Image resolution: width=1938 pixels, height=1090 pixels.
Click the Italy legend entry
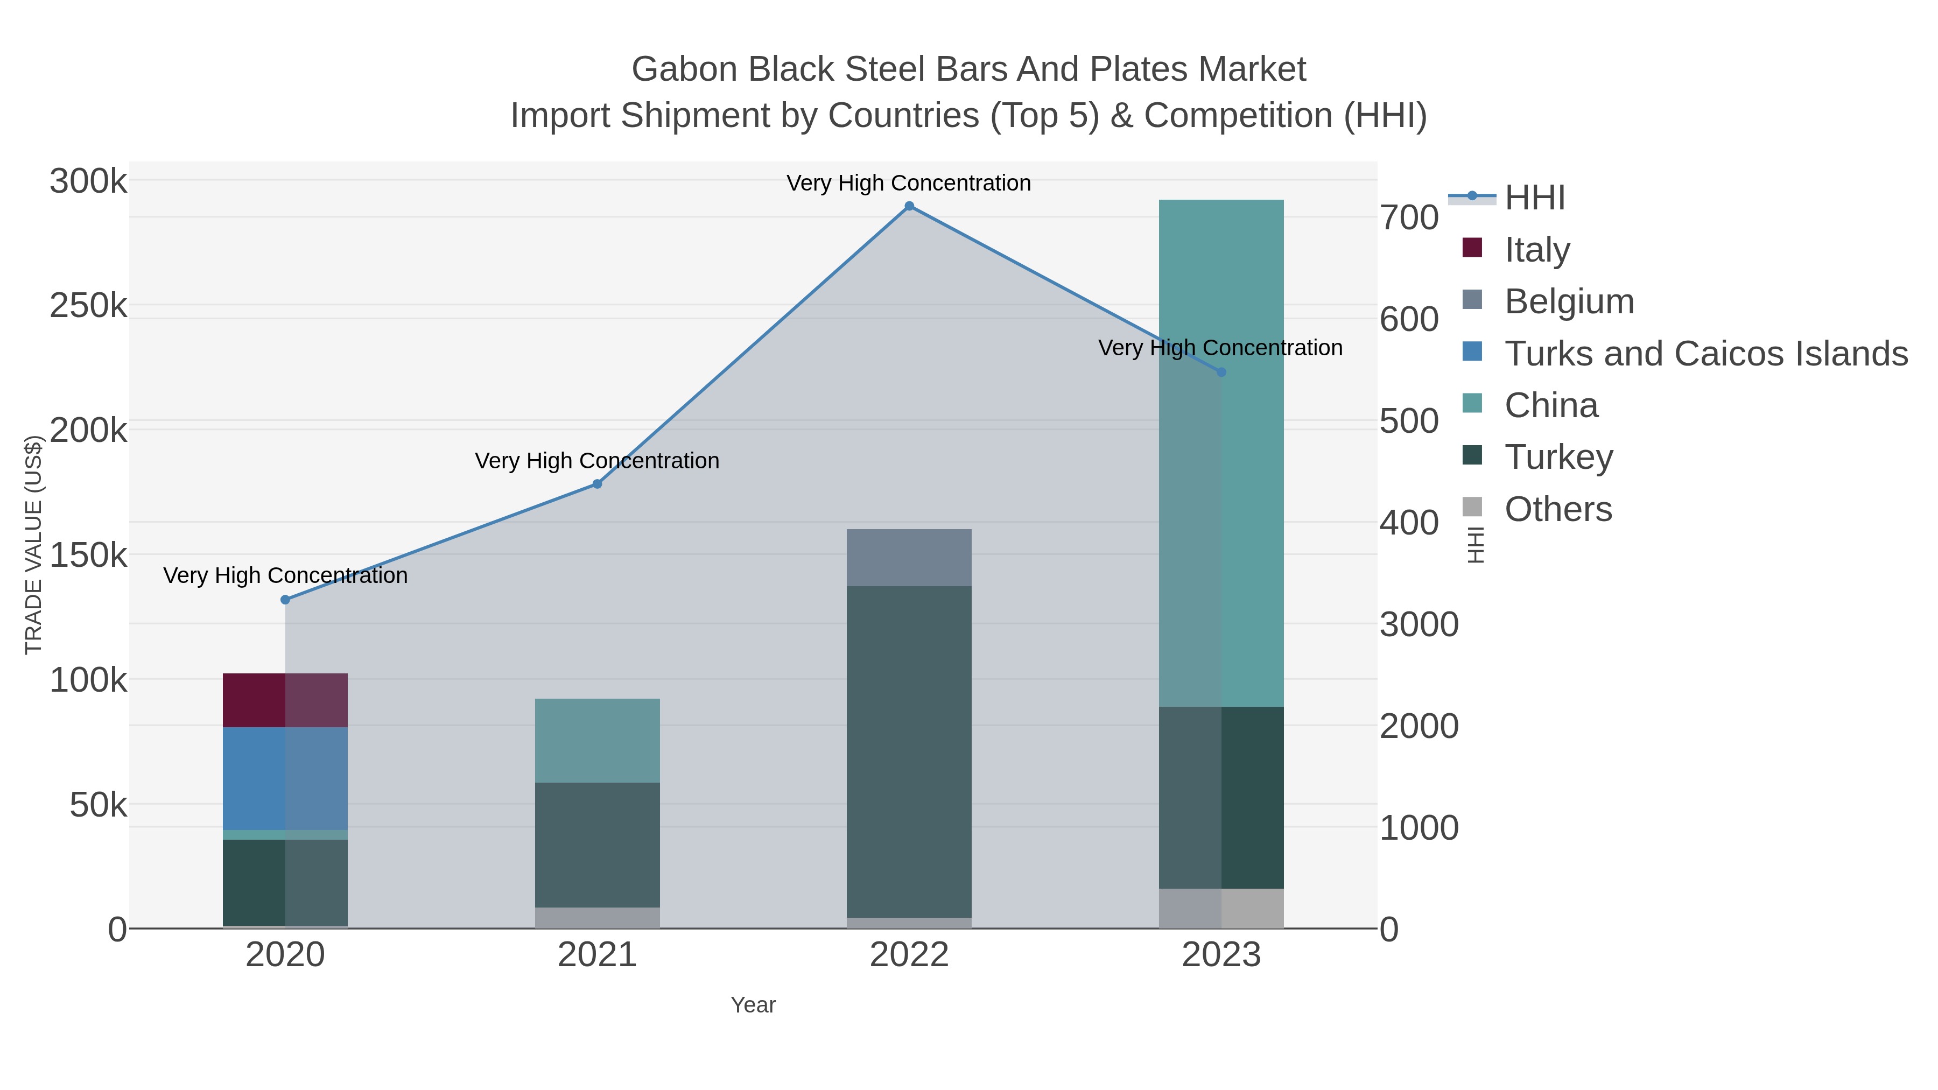[x=1536, y=250]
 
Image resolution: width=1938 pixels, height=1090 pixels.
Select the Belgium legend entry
[x=1569, y=301]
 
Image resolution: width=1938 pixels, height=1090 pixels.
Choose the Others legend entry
[x=1557, y=509]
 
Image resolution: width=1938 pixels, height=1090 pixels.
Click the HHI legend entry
[x=1534, y=198]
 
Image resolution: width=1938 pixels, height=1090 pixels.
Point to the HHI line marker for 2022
[x=909, y=206]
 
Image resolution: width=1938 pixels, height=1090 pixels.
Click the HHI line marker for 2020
[x=285, y=600]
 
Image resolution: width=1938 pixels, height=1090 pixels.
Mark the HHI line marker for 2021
[x=598, y=484]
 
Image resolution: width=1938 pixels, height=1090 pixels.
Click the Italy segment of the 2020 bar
[x=285, y=700]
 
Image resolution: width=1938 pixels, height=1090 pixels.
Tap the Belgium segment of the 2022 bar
[x=909, y=558]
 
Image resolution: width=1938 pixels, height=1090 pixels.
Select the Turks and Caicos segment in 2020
[x=285, y=778]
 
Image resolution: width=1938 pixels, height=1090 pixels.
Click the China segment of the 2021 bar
[x=598, y=740]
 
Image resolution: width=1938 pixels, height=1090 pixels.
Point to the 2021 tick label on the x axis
[x=598, y=955]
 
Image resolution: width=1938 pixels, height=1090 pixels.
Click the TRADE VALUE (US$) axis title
[x=33, y=545]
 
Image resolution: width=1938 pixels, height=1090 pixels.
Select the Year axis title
[x=753, y=1005]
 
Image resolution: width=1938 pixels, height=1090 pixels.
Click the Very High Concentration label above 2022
[x=909, y=183]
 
